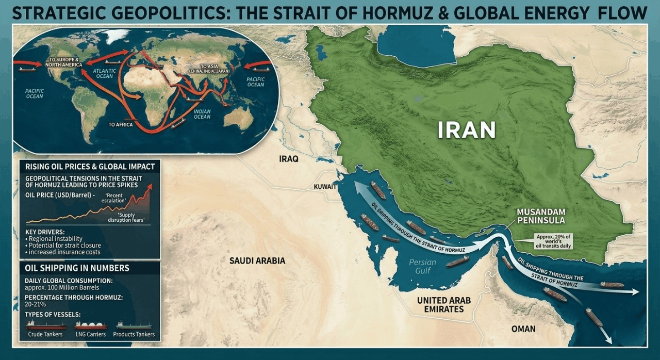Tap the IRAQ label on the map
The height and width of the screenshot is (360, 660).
289,159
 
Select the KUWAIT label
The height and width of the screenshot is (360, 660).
325,187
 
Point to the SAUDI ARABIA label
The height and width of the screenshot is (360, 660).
257,261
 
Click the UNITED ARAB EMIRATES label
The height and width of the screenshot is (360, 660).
443,305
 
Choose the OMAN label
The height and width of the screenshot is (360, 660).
523,329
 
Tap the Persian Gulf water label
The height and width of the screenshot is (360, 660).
423,266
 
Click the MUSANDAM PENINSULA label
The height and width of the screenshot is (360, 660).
541,216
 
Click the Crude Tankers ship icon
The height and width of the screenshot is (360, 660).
46,325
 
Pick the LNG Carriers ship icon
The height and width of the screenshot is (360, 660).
91,325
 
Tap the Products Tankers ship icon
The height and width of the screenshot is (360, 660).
134,325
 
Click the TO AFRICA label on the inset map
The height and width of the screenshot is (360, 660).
120,125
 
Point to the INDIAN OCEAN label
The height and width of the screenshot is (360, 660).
202,113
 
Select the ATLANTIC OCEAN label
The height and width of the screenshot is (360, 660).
104,73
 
